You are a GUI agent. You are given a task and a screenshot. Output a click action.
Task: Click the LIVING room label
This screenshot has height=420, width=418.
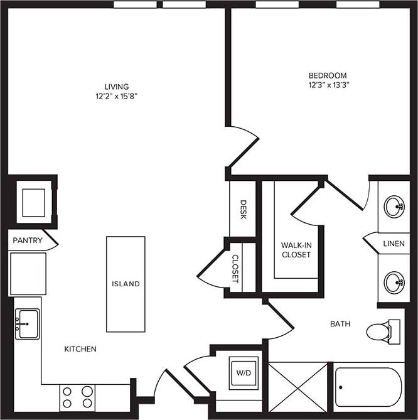coord(117,87)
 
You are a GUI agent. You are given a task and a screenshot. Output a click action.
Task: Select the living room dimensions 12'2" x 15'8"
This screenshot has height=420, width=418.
coord(117,97)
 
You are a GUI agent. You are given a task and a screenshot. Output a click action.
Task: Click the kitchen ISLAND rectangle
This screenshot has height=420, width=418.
coord(126,284)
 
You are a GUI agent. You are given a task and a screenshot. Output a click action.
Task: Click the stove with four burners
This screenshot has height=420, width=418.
coord(77,397)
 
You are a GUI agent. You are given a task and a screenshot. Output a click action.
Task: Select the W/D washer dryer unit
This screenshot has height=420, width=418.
coord(243,372)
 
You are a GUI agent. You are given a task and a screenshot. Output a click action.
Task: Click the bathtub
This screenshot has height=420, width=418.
coord(368,387)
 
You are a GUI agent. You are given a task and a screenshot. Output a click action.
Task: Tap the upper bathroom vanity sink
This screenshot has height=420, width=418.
coord(394,207)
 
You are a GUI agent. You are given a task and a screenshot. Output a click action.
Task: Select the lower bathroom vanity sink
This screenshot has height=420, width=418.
coord(394,283)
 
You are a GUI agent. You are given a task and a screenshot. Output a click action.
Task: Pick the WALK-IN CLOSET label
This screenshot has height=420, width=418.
coord(296,249)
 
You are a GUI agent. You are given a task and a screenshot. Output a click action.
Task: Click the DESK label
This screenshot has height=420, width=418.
coord(243,209)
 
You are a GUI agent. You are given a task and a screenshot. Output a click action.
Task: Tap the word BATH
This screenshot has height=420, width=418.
coord(340,324)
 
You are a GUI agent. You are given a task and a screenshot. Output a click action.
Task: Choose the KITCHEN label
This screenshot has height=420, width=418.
coord(80,349)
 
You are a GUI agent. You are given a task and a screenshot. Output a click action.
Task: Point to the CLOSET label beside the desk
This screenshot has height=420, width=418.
coord(235,269)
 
